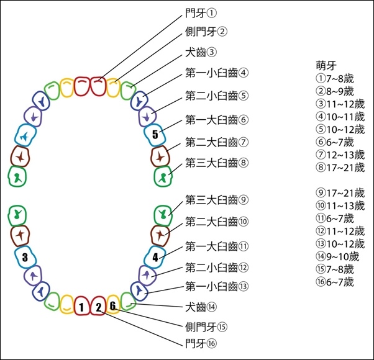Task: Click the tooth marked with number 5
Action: [155, 135]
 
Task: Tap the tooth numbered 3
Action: [25, 258]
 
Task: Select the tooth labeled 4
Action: [155, 258]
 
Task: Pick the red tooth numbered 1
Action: [81, 306]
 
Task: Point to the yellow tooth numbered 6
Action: [113, 305]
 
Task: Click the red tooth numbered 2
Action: [98, 306]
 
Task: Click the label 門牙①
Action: [201, 13]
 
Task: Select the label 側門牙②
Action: [206, 32]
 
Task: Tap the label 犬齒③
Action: [201, 52]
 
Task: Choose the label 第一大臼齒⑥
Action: [217, 120]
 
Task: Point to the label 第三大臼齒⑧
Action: [217, 163]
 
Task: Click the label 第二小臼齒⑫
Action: [217, 268]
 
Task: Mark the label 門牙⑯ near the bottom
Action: [201, 344]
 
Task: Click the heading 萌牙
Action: [326, 66]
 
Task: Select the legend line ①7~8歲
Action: [335, 78]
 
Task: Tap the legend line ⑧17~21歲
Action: [340, 168]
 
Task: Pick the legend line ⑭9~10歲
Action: [337, 256]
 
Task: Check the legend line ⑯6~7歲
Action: [335, 282]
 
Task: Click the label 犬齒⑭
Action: [201, 307]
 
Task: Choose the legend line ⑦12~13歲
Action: [340, 155]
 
